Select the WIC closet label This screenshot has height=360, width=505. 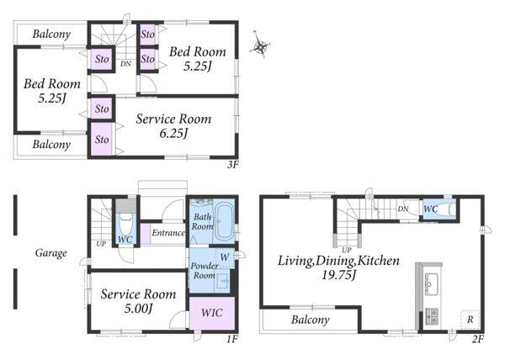pyautogui.click(x=211, y=312)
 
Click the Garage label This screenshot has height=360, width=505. pyautogui.click(x=50, y=253)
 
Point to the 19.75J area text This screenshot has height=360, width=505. pyautogui.click(x=338, y=275)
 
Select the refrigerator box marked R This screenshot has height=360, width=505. pyautogui.click(x=470, y=320)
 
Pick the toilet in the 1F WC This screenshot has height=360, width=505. pyautogui.click(x=126, y=225)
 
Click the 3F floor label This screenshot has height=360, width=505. pyautogui.click(x=233, y=165)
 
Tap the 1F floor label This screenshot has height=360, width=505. pyautogui.click(x=231, y=339)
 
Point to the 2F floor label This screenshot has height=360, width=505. pyautogui.click(x=478, y=339)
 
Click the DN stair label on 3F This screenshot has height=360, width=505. pyautogui.click(x=125, y=64)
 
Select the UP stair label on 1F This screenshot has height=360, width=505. pyautogui.click(x=101, y=244)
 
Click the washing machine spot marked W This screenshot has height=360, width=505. pyautogui.click(x=225, y=257)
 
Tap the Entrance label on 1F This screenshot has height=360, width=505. pyautogui.click(x=168, y=233)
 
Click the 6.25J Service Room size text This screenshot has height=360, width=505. pyautogui.click(x=173, y=133)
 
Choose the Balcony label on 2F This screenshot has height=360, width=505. pyautogui.click(x=310, y=320)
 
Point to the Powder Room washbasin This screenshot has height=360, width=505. pyautogui.click(x=223, y=281)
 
